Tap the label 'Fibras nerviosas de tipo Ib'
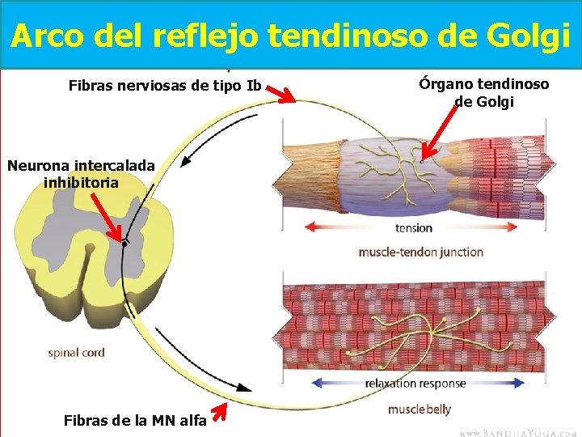pyautogui.click(x=165, y=83)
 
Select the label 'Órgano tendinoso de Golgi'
pyautogui.click(x=484, y=93)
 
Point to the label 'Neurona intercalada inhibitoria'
pyautogui.click(x=81, y=173)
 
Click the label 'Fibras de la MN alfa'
pyautogui.click(x=134, y=419)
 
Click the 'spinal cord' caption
pyautogui.click(x=76, y=353)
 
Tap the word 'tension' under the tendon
pyautogui.click(x=414, y=228)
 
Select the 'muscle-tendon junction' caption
pyautogui.click(x=420, y=252)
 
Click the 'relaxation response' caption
pyautogui.click(x=415, y=383)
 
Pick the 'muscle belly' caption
pyautogui.click(x=419, y=409)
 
